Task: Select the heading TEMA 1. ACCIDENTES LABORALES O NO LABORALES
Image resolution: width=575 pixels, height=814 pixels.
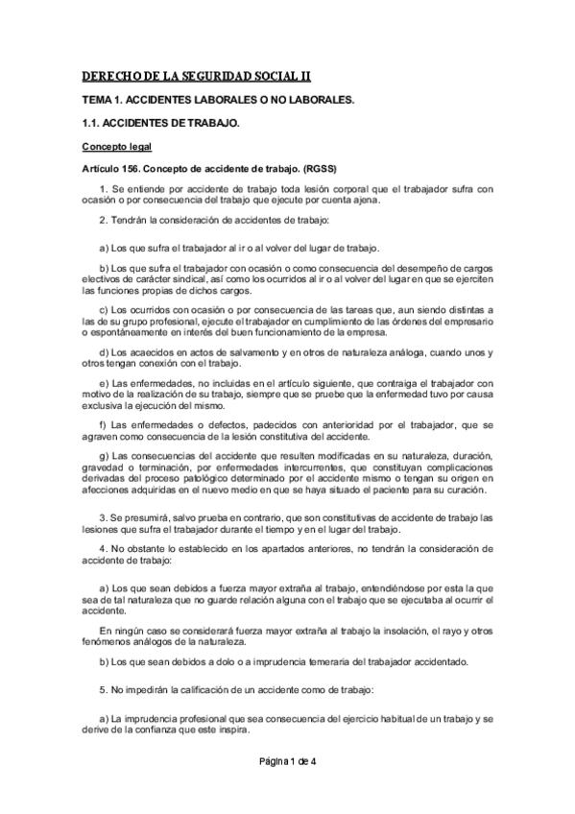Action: [217, 100]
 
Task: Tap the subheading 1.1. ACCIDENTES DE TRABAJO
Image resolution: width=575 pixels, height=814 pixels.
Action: [159, 124]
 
